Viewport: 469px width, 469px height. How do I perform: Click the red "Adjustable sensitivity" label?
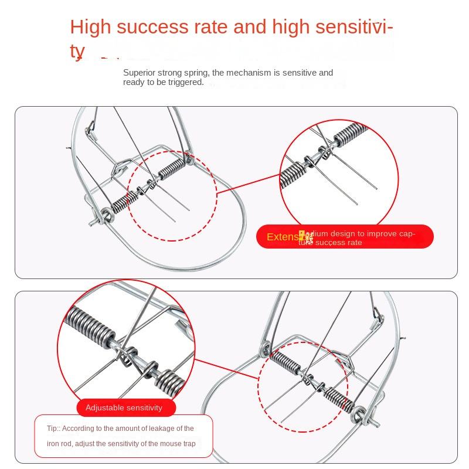124,407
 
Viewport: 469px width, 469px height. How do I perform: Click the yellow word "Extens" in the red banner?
283,237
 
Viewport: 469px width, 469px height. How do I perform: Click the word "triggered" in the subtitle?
185,82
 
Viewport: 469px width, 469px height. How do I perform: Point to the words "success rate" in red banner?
339,242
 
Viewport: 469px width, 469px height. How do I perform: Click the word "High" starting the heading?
88,28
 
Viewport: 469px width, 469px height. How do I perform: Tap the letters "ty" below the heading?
77,52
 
